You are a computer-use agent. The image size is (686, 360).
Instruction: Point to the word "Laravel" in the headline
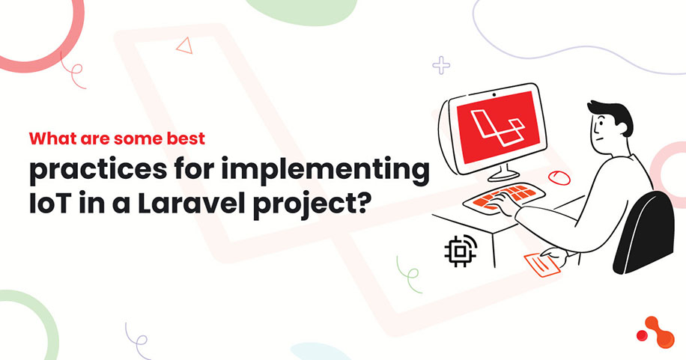pos(206,204)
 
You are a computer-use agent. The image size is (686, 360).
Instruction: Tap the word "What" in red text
pos(51,139)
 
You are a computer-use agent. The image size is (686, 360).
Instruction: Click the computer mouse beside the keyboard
pos(556,177)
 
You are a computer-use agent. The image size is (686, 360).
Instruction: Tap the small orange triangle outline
pos(183,46)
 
